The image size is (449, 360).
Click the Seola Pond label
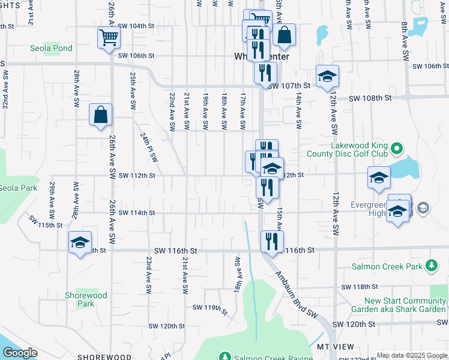coord(52,48)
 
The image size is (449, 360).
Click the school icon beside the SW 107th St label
coord(328,76)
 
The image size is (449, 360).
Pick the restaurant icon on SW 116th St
coord(272,241)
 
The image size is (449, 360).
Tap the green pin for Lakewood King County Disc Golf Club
coord(396,148)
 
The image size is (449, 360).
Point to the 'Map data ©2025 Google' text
coord(411,355)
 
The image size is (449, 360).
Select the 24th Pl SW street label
coord(150,148)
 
